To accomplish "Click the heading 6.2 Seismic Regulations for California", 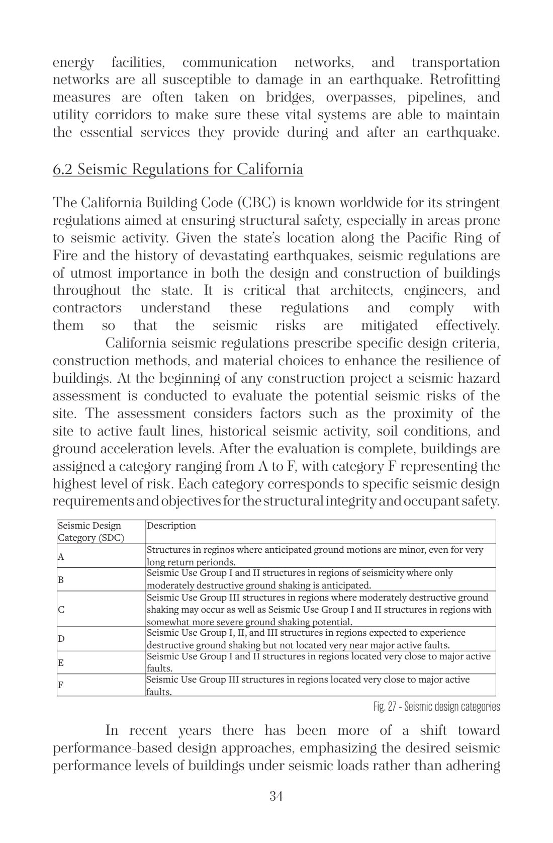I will coord(178,169).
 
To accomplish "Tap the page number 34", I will coord(276,796).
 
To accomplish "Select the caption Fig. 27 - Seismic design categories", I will coord(436,707).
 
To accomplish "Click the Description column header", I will coord(171,526).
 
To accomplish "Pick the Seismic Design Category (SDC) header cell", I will coord(91,532).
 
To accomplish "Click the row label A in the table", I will coord(61,557).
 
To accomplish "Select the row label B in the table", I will coord(61,579).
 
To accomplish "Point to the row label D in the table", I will coord(61,639).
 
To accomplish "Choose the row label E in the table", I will coord(61,662).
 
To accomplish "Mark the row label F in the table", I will coord(61,685).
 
